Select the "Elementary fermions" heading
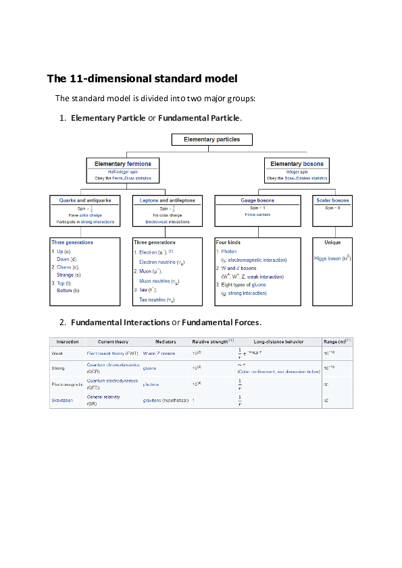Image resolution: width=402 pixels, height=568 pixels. click(x=123, y=164)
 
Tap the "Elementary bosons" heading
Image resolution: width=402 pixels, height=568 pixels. click(x=297, y=164)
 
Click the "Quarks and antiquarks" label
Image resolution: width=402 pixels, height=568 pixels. click(x=86, y=200)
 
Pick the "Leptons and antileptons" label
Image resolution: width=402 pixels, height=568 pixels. click(x=168, y=200)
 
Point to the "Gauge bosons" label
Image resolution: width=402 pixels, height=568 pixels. click(x=257, y=200)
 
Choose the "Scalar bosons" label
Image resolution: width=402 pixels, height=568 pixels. click(x=332, y=200)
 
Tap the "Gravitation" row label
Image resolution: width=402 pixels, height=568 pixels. click(x=63, y=401)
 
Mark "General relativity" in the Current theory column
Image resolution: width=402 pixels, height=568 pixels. click(x=103, y=397)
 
